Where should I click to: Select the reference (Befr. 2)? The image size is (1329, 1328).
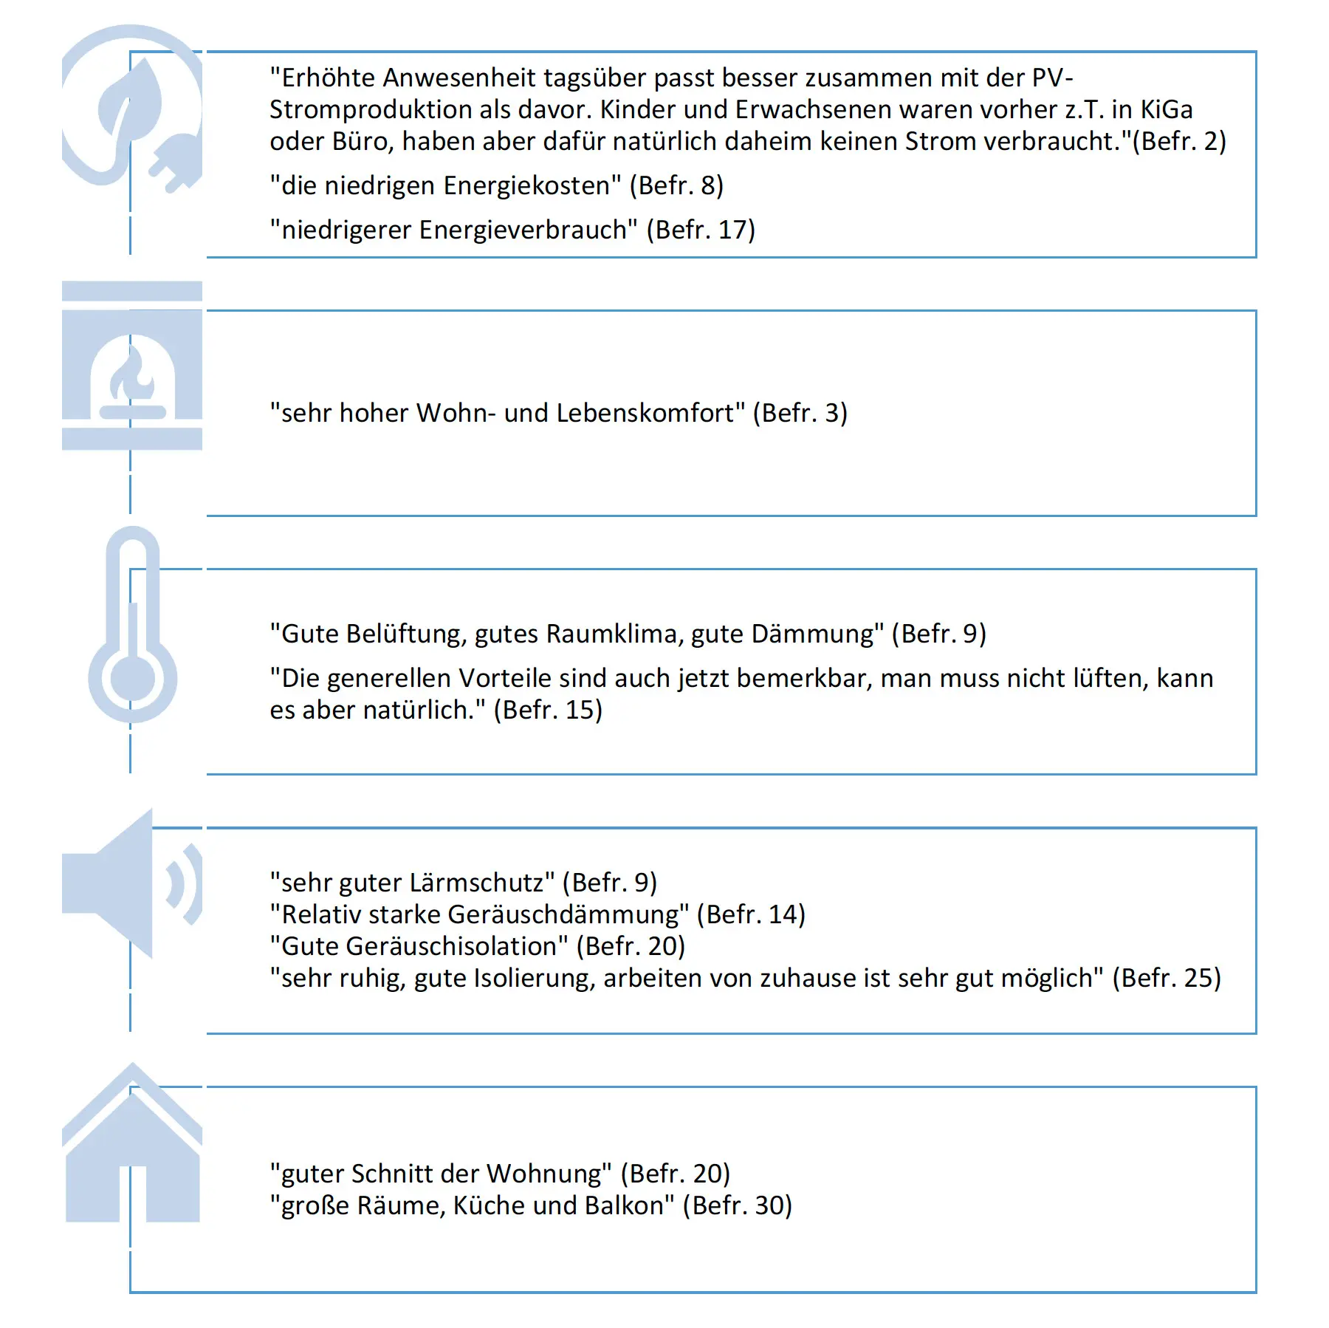pos(1179,141)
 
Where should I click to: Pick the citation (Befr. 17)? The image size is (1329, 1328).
pos(701,230)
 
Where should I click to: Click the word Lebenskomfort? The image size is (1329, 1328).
pos(647,413)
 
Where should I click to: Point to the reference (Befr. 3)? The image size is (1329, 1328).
pos(800,413)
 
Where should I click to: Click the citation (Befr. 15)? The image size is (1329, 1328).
pos(548,710)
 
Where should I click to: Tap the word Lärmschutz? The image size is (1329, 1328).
pos(481,883)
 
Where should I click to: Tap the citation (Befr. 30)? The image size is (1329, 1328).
pos(737,1205)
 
